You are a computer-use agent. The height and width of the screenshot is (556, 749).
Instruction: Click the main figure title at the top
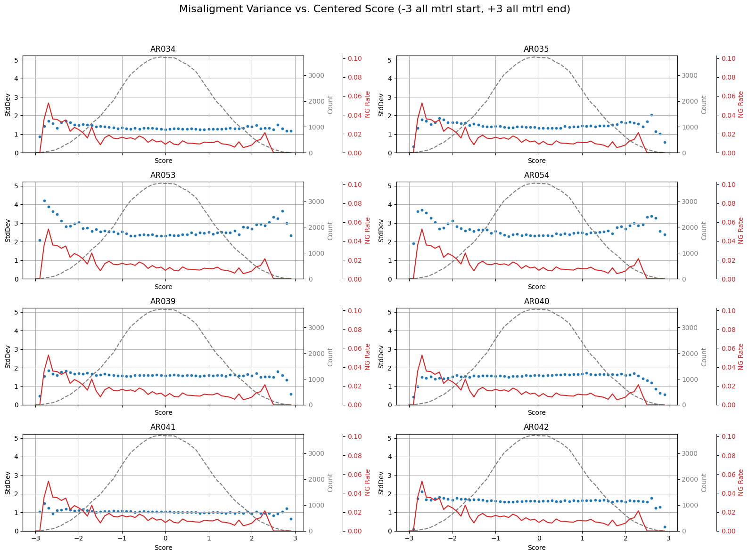[374, 9]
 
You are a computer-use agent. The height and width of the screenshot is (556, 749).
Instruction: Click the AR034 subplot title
[163, 49]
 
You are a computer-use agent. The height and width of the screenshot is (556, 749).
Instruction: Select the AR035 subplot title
[536, 49]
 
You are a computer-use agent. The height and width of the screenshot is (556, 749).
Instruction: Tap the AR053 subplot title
[163, 175]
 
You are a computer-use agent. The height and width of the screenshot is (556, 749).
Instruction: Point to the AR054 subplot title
[536, 175]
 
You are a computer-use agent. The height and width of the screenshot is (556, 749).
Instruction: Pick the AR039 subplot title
[163, 301]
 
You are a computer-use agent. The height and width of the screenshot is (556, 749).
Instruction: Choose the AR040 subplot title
[536, 301]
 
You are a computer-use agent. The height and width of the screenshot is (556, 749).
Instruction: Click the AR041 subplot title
[163, 427]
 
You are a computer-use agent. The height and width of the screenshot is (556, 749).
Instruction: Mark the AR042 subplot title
[536, 427]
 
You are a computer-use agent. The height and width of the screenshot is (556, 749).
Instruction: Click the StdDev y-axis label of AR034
[8, 105]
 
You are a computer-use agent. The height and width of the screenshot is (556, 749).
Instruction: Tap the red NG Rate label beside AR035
[741, 105]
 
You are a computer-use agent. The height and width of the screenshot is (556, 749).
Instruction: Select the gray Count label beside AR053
[330, 231]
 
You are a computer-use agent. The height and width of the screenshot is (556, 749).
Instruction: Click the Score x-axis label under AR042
[536, 548]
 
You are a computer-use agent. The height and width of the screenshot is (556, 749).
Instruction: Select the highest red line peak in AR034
[48, 103]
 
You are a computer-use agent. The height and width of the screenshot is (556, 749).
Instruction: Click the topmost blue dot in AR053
[44, 201]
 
